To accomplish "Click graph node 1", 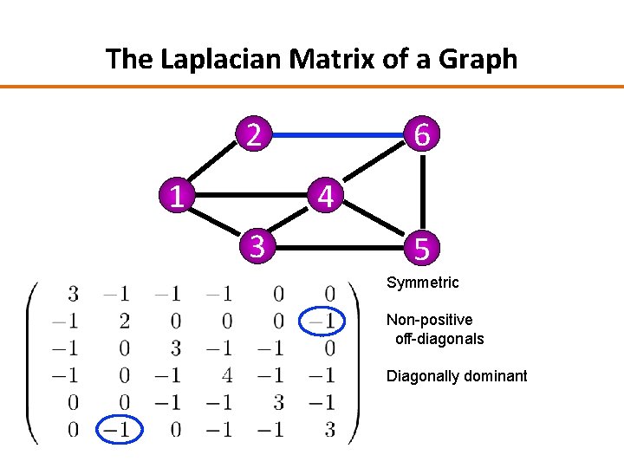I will (x=176, y=197).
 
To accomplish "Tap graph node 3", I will (x=257, y=247).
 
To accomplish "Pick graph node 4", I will (x=325, y=197).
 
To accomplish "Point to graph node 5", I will (x=421, y=249).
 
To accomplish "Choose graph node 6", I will (x=422, y=135).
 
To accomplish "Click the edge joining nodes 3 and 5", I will (x=338, y=247).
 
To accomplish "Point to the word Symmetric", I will (x=423, y=283).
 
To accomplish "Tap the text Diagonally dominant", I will (x=457, y=376).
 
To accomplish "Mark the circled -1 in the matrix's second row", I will (x=322, y=322).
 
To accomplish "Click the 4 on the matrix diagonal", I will (x=227, y=375).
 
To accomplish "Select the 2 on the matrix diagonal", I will (x=124, y=322).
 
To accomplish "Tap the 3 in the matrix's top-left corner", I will (x=73, y=295).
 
